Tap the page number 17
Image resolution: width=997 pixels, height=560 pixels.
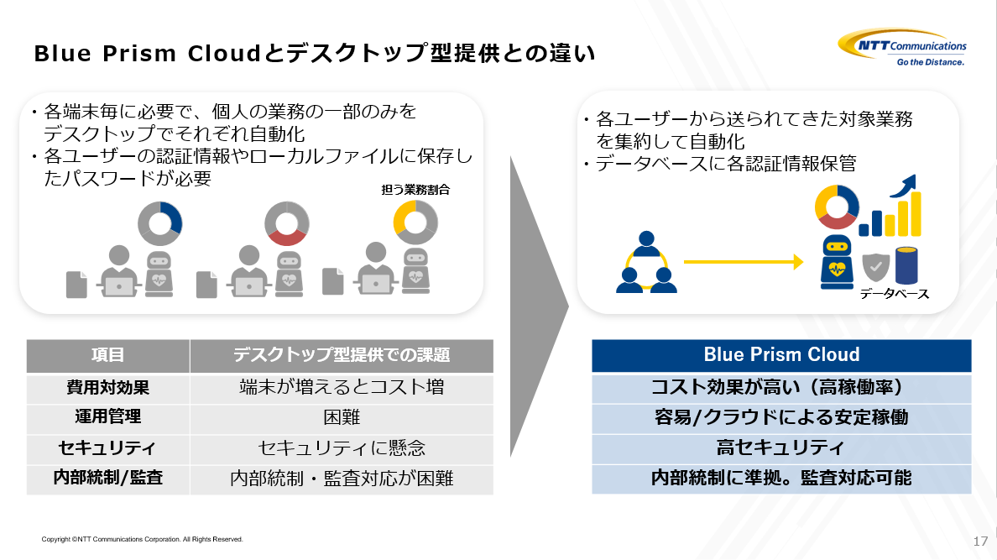(980, 541)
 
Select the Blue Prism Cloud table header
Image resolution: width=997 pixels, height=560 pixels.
(781, 355)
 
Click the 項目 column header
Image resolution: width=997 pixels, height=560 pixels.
(108, 355)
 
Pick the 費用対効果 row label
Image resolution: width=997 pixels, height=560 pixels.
(108, 388)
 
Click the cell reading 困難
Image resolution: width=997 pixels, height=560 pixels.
(342, 417)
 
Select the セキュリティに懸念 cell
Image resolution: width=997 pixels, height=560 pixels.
(342, 448)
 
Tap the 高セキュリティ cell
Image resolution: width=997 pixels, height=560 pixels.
(780, 448)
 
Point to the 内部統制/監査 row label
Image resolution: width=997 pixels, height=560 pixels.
(108, 478)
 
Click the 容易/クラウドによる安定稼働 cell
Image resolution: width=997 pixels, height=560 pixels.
(781, 417)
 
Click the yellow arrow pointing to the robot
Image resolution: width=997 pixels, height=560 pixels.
(744, 262)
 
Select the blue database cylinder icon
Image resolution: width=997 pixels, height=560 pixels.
(906, 264)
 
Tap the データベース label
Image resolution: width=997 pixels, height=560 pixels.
(895, 294)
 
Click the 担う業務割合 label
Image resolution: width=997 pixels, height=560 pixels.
(415, 190)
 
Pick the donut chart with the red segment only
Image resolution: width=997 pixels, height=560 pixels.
(287, 224)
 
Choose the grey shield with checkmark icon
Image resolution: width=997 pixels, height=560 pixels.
(875, 267)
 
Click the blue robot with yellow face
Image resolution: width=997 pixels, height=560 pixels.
(837, 262)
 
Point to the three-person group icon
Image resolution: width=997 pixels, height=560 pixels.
(647, 262)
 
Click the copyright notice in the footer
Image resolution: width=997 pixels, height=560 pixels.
(142, 540)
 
